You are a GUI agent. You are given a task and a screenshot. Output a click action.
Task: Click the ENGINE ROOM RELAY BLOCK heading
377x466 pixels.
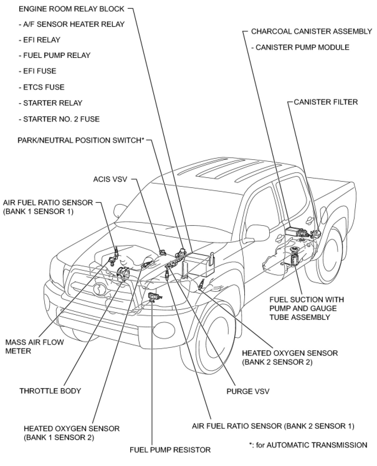[72, 9]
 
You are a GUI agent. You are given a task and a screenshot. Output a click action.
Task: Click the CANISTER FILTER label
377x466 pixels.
[326, 102]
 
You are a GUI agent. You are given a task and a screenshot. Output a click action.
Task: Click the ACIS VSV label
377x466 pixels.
[110, 179]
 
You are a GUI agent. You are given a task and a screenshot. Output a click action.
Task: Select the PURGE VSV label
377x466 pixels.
[248, 391]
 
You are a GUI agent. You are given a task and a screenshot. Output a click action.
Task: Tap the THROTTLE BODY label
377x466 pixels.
[50, 391]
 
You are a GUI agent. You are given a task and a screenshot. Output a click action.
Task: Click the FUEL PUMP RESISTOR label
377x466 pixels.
[170, 450]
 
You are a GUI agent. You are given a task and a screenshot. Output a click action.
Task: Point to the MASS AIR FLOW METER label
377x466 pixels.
[34, 347]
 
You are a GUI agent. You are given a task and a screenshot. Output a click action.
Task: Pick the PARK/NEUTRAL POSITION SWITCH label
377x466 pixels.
[81, 140]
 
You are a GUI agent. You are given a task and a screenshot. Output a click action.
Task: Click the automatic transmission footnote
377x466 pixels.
[308, 445]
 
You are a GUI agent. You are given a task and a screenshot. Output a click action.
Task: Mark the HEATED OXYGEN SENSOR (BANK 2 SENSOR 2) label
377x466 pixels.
[290, 357]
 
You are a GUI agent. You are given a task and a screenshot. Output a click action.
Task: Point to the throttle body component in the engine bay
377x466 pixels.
[123, 274]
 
